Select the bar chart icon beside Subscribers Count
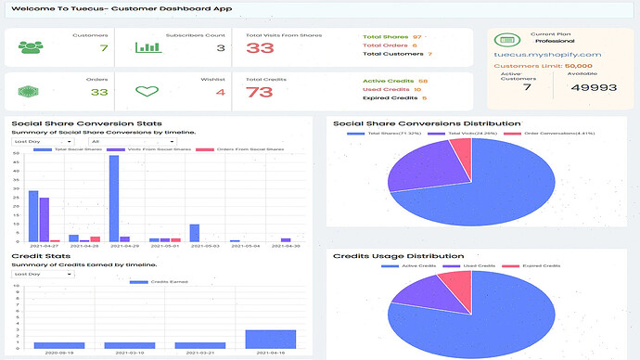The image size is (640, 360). point(148,47)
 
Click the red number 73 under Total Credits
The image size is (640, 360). point(259,92)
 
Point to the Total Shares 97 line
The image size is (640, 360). point(391,36)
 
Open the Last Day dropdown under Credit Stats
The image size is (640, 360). point(41,274)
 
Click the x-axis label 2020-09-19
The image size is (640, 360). point(58,354)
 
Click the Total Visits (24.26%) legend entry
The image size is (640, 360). point(474,134)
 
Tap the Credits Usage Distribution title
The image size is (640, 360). point(398,256)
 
